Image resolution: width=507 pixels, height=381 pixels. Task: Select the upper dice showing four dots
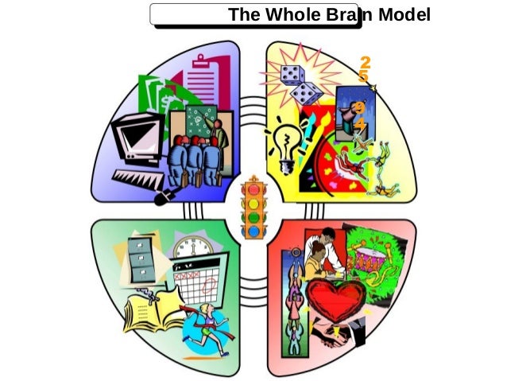(x=292, y=76)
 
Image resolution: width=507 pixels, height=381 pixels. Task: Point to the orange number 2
(x=365, y=62)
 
